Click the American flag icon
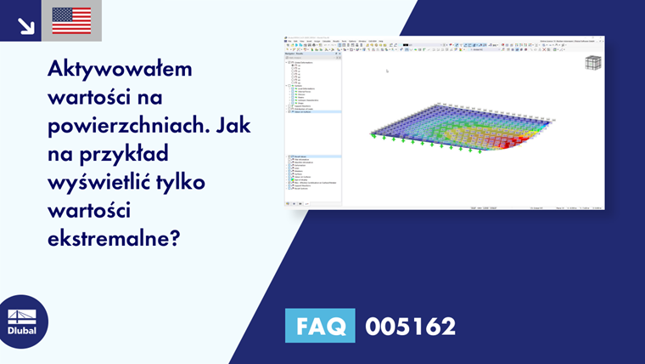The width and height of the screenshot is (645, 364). tap(71, 20)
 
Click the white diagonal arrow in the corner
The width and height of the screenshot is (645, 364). tap(25, 26)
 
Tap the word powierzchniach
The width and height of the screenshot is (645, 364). tap(121, 124)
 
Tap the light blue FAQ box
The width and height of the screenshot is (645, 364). tap(319, 326)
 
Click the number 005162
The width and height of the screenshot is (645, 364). tap(410, 326)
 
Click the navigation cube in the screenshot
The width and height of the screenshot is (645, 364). tap(593, 64)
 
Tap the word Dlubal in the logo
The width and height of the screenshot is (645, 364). tap(22, 330)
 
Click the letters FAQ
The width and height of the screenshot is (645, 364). tap(319, 326)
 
